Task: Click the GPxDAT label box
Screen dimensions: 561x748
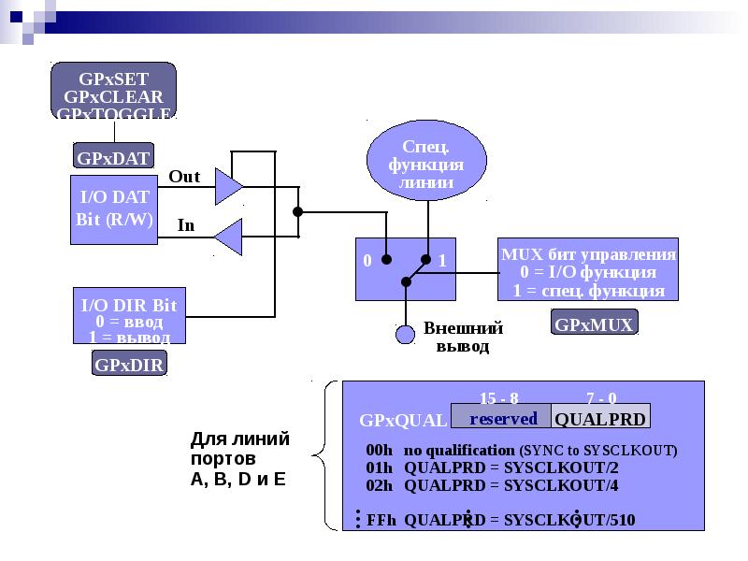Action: coord(113,157)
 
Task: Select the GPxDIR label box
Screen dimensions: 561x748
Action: coord(129,364)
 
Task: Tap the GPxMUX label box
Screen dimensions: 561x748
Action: coord(595,324)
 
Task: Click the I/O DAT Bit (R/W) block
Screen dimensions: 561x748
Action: coord(113,209)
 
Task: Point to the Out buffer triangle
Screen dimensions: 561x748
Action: coord(228,186)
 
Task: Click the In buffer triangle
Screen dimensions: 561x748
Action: coord(228,237)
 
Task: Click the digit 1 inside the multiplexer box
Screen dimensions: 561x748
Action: coord(443,260)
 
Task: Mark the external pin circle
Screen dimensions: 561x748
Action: coord(405,334)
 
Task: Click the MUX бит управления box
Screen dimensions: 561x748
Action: coord(588,270)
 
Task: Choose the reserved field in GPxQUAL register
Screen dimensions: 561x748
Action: coord(503,418)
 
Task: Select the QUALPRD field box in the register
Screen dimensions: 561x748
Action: coord(599,418)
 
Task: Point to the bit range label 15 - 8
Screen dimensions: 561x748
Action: coord(498,397)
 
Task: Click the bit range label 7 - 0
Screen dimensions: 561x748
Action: coord(600,397)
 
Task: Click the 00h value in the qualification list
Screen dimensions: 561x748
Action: coord(379,450)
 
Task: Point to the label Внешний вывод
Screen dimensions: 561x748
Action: coord(463,337)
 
